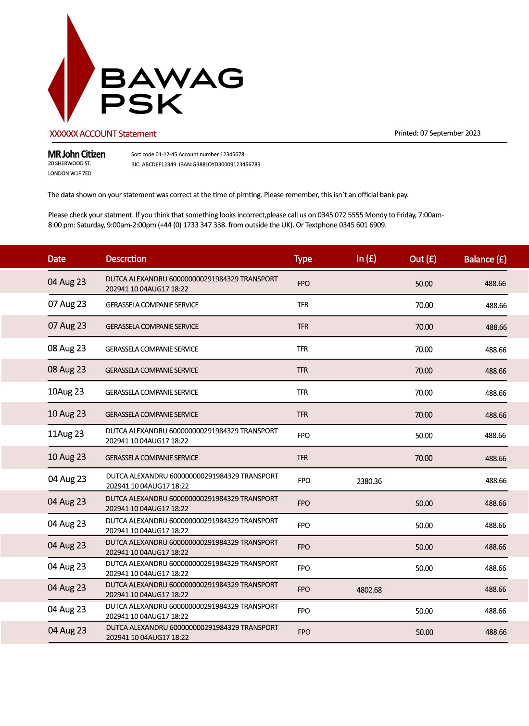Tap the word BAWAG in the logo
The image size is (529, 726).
tap(171, 79)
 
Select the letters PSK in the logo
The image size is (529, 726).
tap(141, 104)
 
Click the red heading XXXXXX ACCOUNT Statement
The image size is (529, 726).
tap(103, 134)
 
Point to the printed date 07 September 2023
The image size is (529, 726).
tap(450, 133)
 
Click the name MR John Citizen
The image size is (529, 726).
tap(76, 154)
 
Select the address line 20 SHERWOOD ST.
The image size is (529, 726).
tap(69, 163)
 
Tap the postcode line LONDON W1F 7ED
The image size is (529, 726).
tap(69, 174)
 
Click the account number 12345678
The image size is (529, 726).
tap(232, 154)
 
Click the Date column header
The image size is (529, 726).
tap(56, 259)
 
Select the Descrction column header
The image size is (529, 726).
tap(126, 259)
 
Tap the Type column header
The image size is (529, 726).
tap(303, 259)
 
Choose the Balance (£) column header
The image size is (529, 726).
tap(485, 259)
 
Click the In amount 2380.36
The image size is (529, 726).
tap(369, 481)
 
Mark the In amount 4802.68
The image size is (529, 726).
tap(369, 590)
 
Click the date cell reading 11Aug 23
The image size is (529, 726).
tap(65, 434)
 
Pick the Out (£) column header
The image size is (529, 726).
tap(423, 259)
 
